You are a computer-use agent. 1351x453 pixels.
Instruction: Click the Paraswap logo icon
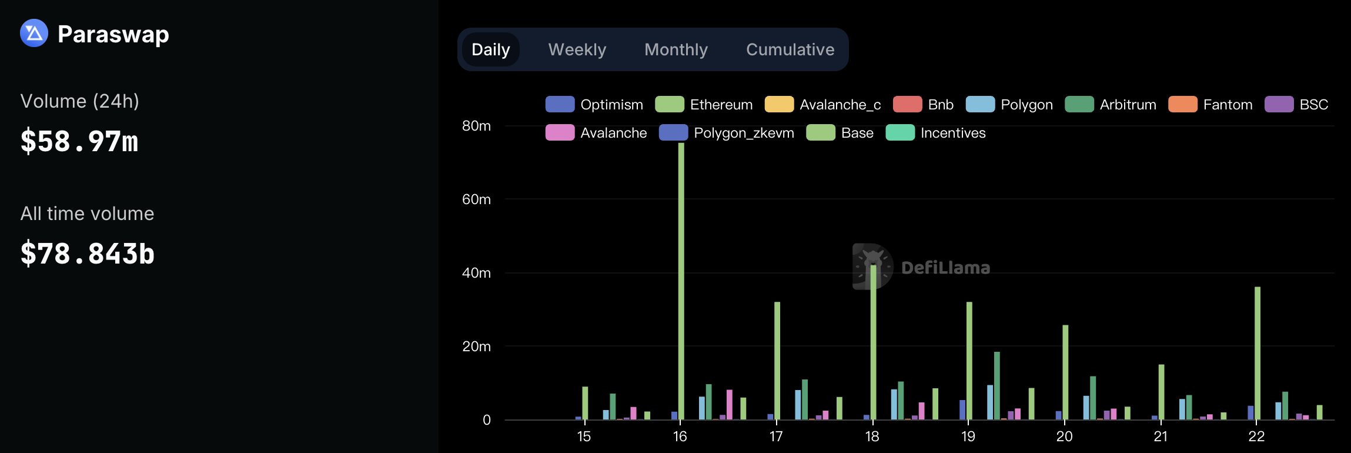[x=34, y=34]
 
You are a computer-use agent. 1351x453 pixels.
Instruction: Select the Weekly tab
[x=577, y=49]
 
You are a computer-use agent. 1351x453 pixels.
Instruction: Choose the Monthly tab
[x=675, y=49]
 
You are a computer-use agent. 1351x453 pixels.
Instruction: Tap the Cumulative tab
[x=790, y=49]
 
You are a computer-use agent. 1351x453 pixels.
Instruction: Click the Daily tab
[x=490, y=49]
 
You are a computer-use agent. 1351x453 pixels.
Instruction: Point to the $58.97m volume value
[x=79, y=142]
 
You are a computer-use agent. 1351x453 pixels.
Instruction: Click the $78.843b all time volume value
[x=88, y=254]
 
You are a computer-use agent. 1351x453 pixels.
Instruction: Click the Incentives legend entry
[x=936, y=133]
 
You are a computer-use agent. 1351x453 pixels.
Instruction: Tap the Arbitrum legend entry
[x=1111, y=105]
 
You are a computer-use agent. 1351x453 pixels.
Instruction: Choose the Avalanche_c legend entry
[x=823, y=105]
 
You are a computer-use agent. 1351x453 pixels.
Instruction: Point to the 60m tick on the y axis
[x=476, y=199]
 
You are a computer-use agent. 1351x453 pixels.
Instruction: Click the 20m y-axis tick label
[x=476, y=347]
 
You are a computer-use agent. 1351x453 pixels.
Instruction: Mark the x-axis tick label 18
[x=872, y=437]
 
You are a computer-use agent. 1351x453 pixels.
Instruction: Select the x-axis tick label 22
[x=1256, y=437]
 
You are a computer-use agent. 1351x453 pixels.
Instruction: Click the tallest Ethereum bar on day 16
[x=681, y=282]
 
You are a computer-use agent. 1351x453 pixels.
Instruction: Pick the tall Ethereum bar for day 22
[x=1258, y=353]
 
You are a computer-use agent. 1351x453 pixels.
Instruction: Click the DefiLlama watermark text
[x=945, y=268]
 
